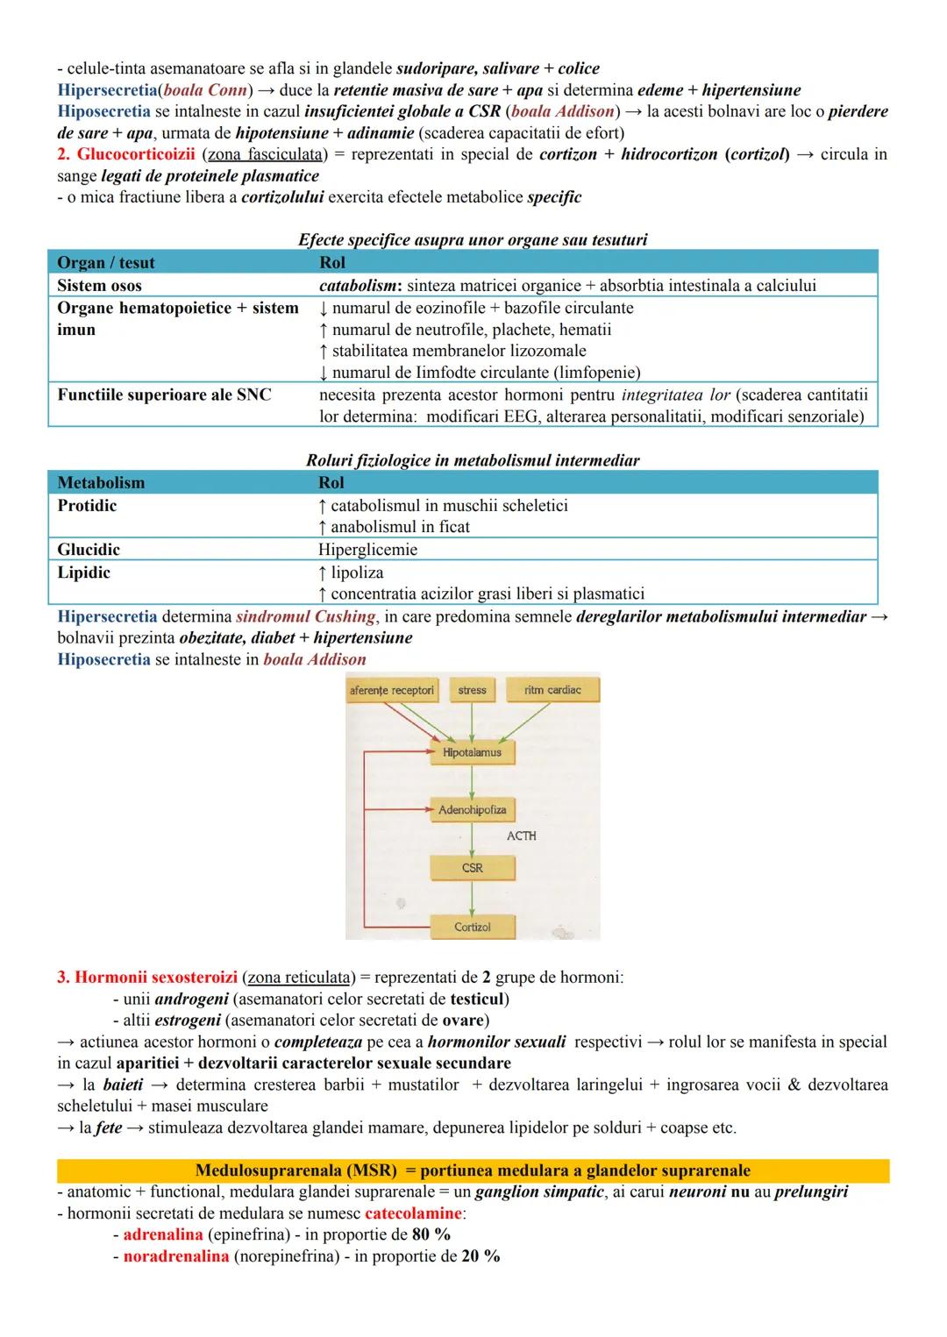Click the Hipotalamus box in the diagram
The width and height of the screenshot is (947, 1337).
pos(472,752)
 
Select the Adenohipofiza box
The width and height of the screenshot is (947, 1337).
pos(472,810)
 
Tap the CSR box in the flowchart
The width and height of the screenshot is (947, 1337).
pos(472,868)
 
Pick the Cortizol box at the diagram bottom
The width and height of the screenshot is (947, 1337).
pos(472,927)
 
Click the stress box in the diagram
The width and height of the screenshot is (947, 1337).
pos(472,690)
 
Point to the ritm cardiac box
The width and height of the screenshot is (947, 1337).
pos(552,690)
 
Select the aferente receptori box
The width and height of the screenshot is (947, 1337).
pos(392,690)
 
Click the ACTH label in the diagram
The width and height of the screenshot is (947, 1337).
pos(521,836)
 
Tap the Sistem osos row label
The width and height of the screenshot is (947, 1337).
pos(99,286)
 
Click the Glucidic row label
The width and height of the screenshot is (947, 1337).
pos(89,550)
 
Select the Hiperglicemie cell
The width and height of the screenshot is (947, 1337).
pos(367,550)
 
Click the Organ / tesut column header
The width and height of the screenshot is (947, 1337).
pos(105,263)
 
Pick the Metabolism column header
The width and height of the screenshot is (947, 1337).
pos(101,483)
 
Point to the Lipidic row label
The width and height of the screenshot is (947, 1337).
pos(84,572)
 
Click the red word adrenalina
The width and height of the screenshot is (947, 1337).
pos(163,1234)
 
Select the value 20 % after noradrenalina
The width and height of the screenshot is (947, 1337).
pos(481,1256)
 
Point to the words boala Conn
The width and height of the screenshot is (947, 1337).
pos(205,90)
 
